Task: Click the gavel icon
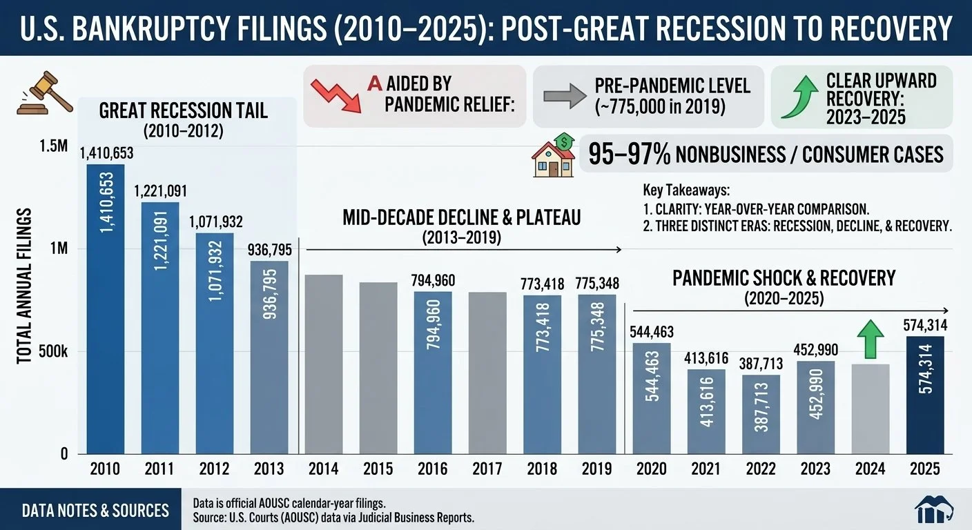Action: [x=45, y=93]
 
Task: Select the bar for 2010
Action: [x=106, y=308]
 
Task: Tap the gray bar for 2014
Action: [x=324, y=364]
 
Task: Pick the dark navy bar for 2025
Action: [x=925, y=395]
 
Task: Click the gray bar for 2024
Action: [x=871, y=409]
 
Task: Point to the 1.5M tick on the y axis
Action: [x=53, y=146]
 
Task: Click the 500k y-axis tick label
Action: [x=53, y=352]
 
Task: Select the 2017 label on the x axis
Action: [x=487, y=469]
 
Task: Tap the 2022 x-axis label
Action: [x=761, y=469]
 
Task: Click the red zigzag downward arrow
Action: [x=337, y=95]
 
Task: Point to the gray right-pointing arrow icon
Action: [x=565, y=97]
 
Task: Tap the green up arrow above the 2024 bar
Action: [x=871, y=339]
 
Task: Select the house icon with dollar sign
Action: [x=553, y=155]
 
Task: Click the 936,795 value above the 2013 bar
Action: [x=270, y=251]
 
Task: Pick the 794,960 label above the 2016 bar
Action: [x=433, y=281]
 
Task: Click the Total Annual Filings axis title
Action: [x=24, y=286]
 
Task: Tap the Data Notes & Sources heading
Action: [x=95, y=511]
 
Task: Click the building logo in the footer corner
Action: [x=934, y=509]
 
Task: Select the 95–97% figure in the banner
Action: [x=629, y=155]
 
